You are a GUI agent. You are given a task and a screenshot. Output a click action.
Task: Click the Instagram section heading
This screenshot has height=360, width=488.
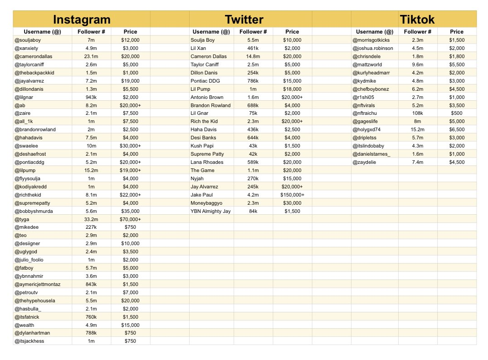(82, 20)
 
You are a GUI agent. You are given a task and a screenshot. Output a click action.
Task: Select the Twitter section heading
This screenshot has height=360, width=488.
(244, 20)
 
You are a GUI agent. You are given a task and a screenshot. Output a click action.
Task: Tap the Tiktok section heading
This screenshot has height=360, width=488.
(417, 20)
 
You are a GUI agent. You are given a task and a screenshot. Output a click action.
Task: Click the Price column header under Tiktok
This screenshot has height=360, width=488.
(457, 32)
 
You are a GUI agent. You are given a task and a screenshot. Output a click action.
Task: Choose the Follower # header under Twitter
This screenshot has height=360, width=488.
(253, 32)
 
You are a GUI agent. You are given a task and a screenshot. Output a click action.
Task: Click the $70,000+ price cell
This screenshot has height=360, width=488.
(130, 219)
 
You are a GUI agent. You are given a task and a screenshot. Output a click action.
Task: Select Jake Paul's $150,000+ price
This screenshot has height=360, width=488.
(292, 195)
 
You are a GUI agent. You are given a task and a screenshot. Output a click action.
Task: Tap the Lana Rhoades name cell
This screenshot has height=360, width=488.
(207, 162)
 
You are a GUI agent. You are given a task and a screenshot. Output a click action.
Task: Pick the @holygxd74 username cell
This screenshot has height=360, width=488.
(367, 129)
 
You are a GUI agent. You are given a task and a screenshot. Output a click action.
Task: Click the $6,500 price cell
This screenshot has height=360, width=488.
(457, 129)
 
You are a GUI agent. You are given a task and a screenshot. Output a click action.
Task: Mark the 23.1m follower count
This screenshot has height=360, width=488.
(91, 56)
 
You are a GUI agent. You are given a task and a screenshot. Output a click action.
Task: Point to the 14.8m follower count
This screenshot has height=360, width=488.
(253, 56)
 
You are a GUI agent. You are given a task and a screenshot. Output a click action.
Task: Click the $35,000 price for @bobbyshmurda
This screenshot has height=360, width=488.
(130, 211)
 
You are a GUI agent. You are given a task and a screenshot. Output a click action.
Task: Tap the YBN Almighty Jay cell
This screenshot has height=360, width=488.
(210, 211)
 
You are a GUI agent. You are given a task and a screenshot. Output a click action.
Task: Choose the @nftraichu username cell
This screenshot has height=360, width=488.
(365, 113)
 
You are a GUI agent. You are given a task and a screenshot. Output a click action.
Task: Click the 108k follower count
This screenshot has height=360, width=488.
(418, 113)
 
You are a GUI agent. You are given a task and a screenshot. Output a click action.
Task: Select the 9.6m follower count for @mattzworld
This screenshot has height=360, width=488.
(418, 64)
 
